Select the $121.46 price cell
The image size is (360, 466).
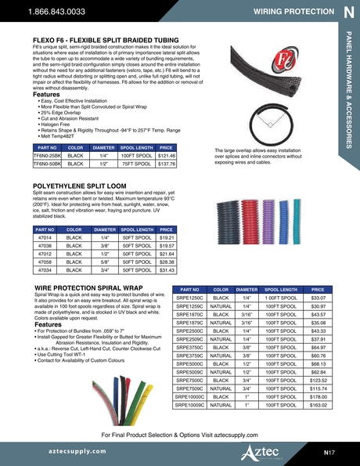pyautogui.click(x=166, y=157)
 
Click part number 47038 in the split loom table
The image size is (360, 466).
pyautogui.click(x=45, y=244)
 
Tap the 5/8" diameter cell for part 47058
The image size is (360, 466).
pyautogui.click(x=100, y=262)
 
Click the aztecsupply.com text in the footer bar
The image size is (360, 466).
pyautogui.click(x=63, y=452)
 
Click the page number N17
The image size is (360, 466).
pyautogui.click(x=331, y=452)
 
